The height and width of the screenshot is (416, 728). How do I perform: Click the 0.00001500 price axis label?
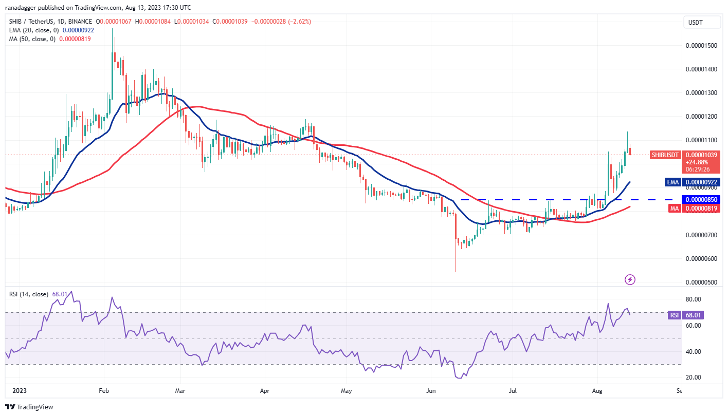(x=702, y=46)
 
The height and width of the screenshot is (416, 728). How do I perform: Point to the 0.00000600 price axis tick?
(x=702, y=259)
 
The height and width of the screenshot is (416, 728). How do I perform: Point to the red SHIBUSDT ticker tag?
(x=666, y=155)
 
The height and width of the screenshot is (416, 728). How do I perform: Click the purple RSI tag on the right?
(x=674, y=315)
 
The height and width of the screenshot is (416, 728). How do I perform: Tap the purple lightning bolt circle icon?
(x=630, y=279)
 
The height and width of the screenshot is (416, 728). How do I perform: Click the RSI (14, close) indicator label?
(x=29, y=294)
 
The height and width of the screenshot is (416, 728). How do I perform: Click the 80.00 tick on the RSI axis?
(x=694, y=299)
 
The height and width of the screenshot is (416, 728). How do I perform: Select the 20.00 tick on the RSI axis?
(x=694, y=377)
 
